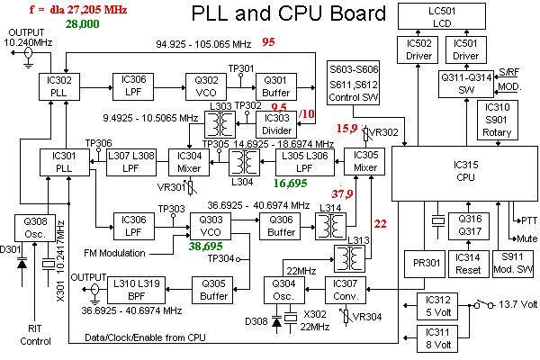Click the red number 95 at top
click(268, 41)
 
